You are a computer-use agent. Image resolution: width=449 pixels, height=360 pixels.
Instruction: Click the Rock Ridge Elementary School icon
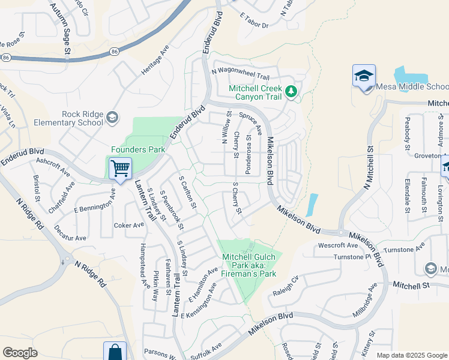(x=112, y=118)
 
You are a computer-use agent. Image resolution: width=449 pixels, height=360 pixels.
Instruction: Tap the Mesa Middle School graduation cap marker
(x=364, y=77)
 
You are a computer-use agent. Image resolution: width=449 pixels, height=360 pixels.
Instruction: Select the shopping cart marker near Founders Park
(x=120, y=169)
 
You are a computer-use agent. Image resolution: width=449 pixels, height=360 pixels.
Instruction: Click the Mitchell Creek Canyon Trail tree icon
(x=292, y=92)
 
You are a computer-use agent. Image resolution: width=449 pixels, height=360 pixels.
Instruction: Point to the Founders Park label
(x=129, y=149)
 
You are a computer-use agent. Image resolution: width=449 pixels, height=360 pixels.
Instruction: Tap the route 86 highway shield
(x=6, y=58)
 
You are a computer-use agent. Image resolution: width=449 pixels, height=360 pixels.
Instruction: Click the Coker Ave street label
(x=129, y=226)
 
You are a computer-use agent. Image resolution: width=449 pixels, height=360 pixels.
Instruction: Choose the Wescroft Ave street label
(x=338, y=245)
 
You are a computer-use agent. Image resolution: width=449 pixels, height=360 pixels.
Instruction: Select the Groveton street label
(x=427, y=155)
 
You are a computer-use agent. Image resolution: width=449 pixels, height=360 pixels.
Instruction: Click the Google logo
(x=20, y=353)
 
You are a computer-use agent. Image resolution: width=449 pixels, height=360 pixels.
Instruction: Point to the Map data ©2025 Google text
(x=412, y=355)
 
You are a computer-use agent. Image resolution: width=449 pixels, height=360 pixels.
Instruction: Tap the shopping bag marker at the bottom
(x=115, y=352)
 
